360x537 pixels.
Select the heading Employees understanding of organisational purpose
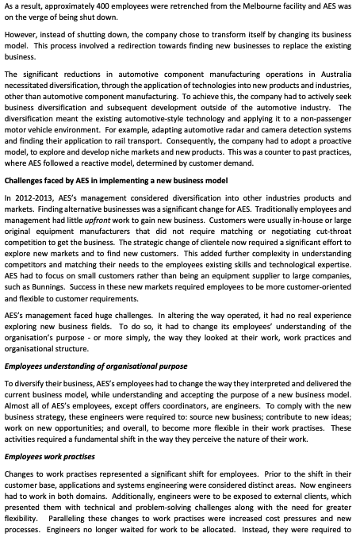(x=96, y=366)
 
